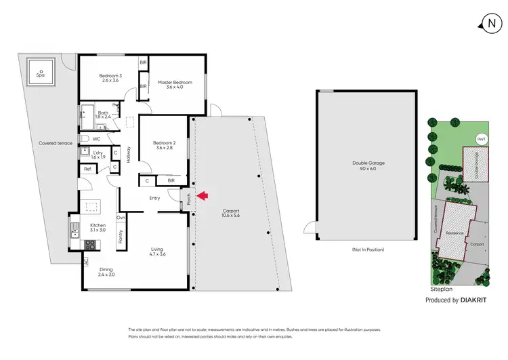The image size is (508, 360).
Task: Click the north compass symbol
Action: (x=490, y=24)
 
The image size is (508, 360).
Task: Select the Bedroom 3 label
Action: (x=110, y=78)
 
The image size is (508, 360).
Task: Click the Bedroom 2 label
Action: (x=164, y=145)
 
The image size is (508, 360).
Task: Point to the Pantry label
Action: (x=121, y=235)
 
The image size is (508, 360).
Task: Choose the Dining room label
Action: (x=105, y=272)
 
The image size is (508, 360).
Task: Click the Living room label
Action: (x=157, y=252)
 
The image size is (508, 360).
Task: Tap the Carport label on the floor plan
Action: (x=231, y=214)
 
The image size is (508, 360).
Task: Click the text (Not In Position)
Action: (x=368, y=250)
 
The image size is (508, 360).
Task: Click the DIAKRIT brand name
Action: (x=475, y=300)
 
